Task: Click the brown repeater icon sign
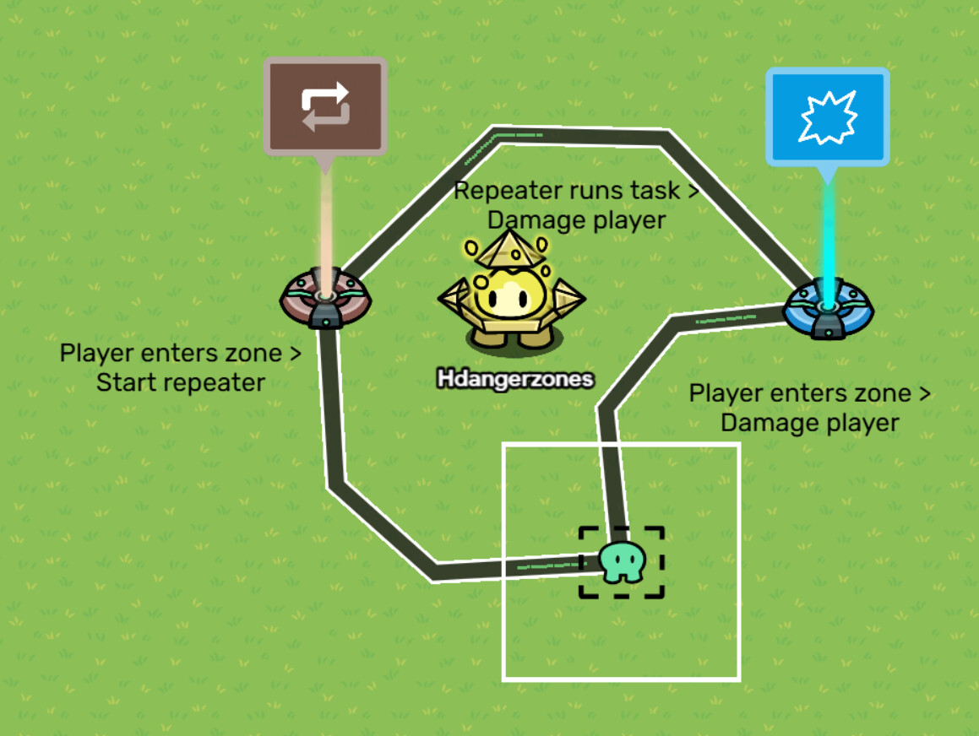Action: click(x=325, y=106)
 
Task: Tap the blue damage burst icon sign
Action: click(x=827, y=116)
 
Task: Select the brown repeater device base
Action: click(x=325, y=300)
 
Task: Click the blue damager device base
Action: click(x=828, y=309)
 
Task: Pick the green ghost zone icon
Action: click(x=623, y=562)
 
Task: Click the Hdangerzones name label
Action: click(x=515, y=380)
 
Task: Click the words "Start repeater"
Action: click(x=181, y=382)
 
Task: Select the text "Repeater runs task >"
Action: click(x=577, y=191)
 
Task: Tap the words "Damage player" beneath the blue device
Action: click(x=809, y=422)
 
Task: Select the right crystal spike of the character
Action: click(x=567, y=296)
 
